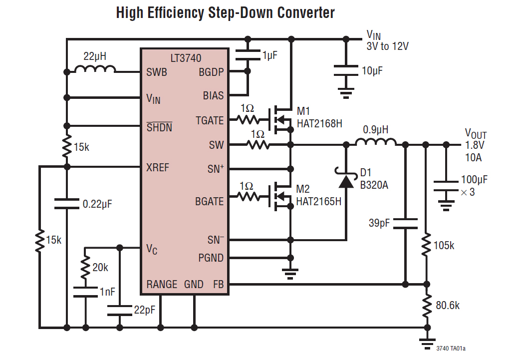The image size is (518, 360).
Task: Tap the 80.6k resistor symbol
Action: (426, 306)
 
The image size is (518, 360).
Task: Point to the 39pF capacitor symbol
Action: (405, 223)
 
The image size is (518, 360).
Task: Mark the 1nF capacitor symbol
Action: (85, 292)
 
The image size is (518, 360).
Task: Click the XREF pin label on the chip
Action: (158, 167)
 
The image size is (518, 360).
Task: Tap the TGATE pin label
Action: (210, 120)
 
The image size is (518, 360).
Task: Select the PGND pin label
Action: (211, 258)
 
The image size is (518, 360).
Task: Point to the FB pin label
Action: (218, 285)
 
